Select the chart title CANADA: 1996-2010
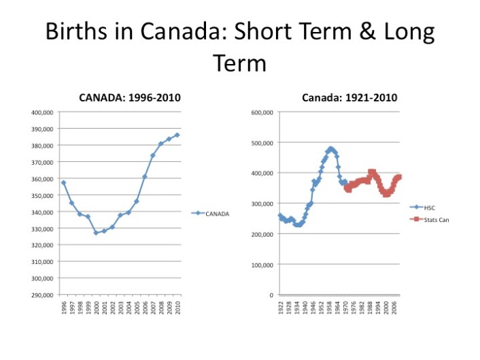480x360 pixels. tap(130, 98)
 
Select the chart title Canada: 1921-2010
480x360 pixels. tap(349, 98)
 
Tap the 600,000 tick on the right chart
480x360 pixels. tap(262, 113)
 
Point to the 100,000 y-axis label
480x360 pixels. tap(262, 265)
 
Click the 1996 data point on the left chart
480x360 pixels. tap(64, 182)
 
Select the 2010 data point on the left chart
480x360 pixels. tap(177, 135)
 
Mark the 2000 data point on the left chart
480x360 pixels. tap(96, 233)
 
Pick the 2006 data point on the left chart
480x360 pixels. tap(145, 176)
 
